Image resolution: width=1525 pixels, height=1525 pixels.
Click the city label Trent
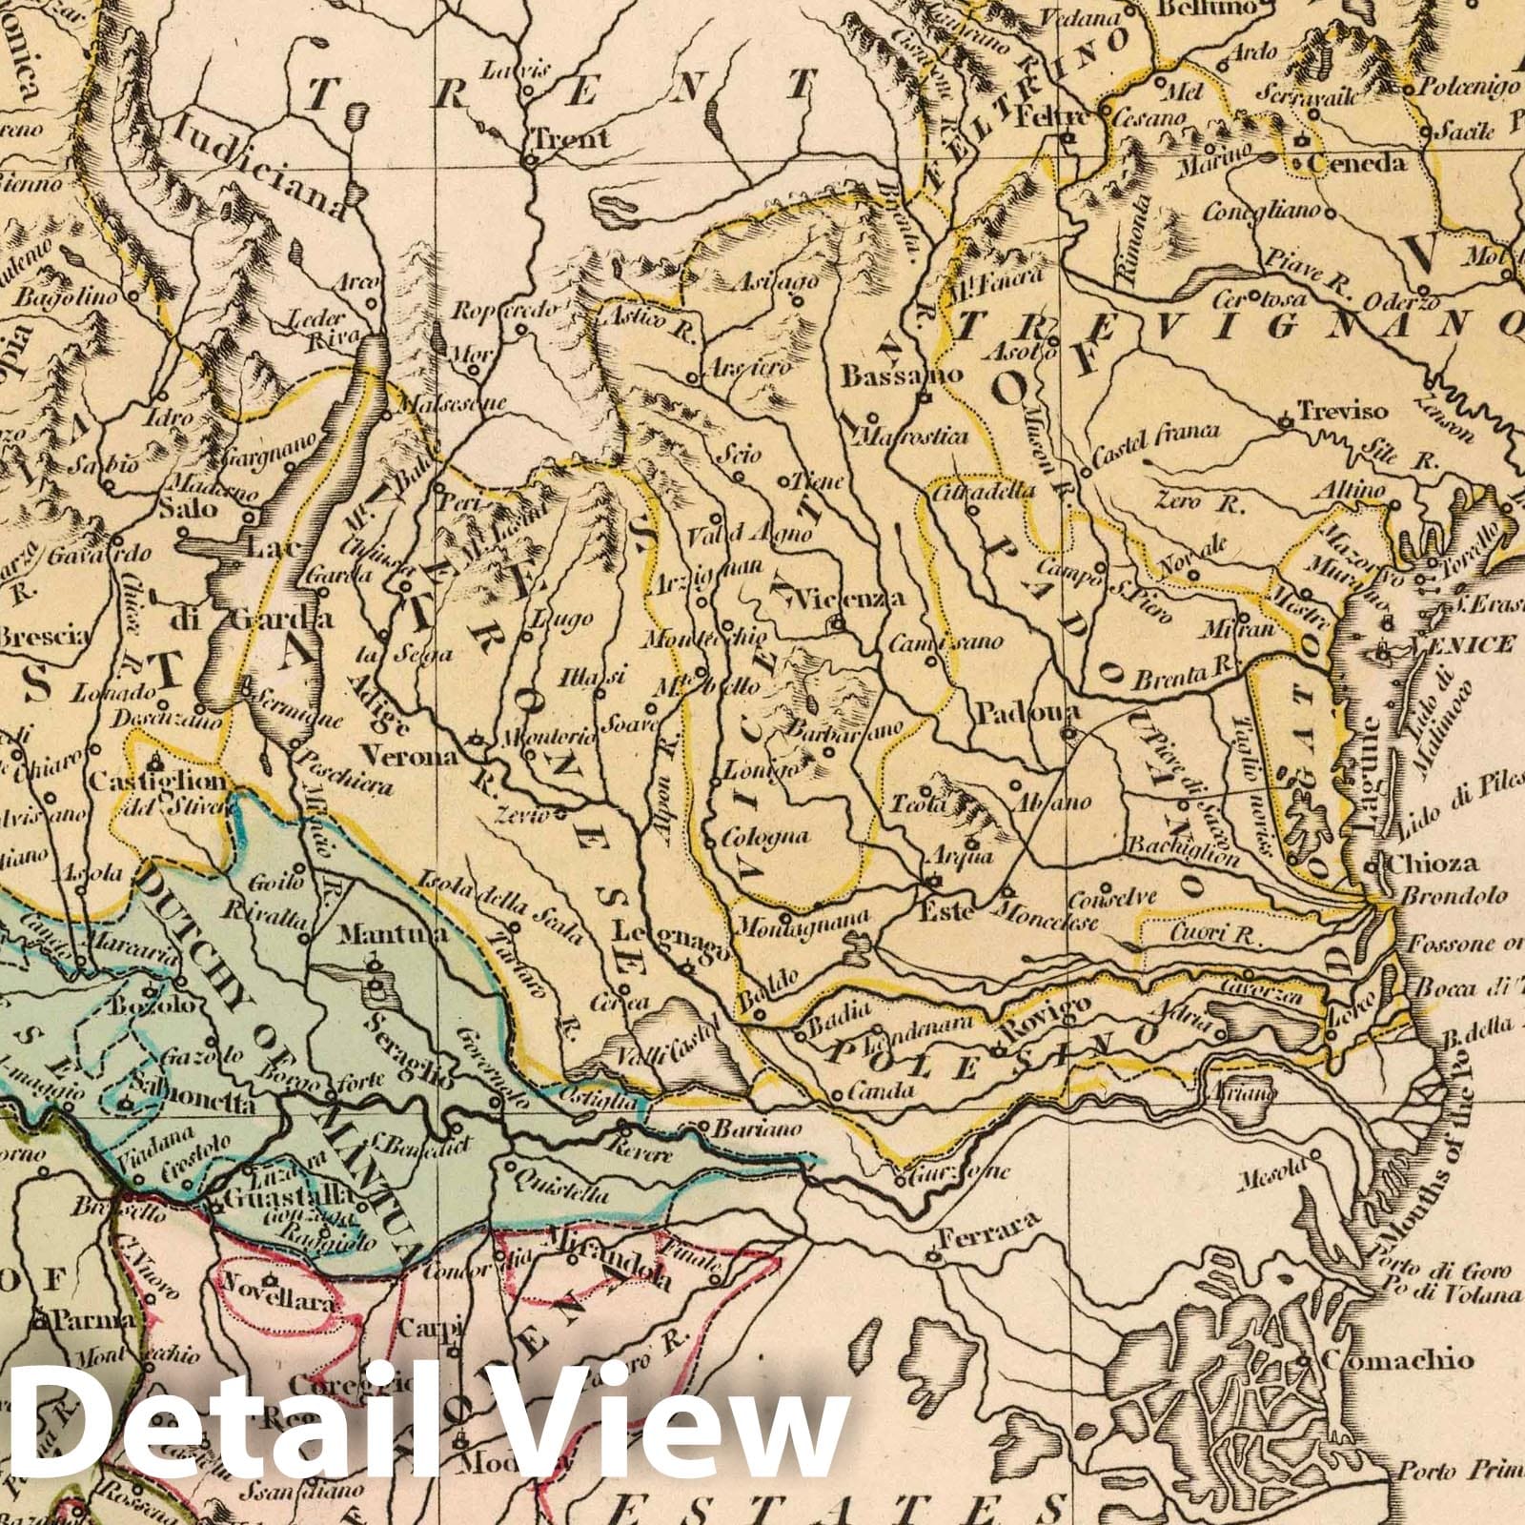click(572, 138)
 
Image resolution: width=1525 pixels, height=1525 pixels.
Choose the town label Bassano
click(885, 376)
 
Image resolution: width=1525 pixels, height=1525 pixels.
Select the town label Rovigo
click(1045, 1032)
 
